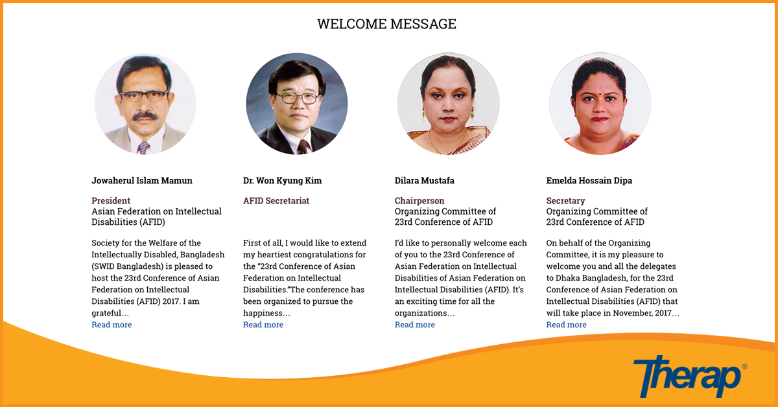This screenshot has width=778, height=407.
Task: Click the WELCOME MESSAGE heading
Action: pos(386,24)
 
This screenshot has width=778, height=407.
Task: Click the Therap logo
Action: pos(690,377)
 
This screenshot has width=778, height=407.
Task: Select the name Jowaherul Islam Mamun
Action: pos(142,181)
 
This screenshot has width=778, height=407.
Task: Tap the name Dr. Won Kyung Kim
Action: pos(283,181)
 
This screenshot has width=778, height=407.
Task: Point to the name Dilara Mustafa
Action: pos(425,181)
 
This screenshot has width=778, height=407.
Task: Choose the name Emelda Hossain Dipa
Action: pos(589,181)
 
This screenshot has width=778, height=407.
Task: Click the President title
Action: pos(111,201)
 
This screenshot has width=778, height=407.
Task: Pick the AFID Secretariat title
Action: pos(276,201)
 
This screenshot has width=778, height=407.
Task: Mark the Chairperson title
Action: pos(419,201)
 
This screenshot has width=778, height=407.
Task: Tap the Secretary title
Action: pos(565,201)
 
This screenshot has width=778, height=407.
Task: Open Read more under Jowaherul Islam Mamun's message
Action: pos(112,325)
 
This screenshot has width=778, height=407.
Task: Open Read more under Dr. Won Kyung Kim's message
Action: pos(263,325)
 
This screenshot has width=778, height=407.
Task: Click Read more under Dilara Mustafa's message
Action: pos(415,325)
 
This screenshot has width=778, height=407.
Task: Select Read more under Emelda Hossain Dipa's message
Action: pos(566,325)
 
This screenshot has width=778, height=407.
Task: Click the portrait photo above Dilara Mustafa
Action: pos(449,104)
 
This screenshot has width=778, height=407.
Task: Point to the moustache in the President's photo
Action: pos(145,115)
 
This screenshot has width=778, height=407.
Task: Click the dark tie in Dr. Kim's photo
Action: pos(303,147)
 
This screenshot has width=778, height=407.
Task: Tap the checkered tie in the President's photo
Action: pos(143,148)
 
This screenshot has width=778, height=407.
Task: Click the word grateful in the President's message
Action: pos(106,313)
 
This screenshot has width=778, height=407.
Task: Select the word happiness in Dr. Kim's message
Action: pos(263,313)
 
